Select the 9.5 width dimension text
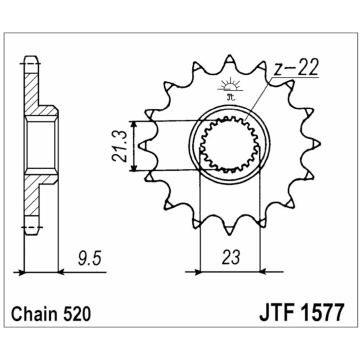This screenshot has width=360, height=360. click(87, 259)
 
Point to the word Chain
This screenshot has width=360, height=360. click(33, 314)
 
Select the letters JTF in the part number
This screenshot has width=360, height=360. click(277, 313)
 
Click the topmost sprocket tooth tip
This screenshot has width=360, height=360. click(230, 57)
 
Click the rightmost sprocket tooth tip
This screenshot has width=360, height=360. click(318, 145)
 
